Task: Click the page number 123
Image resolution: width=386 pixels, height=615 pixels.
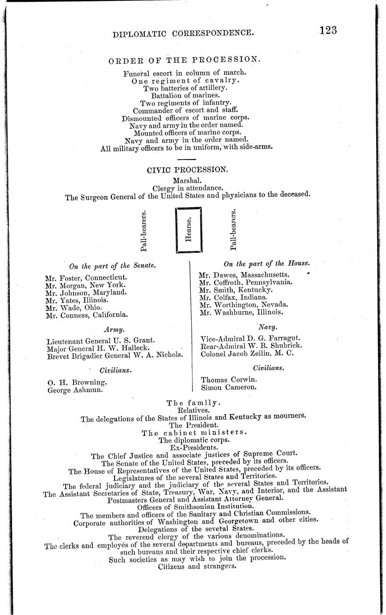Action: [328, 30]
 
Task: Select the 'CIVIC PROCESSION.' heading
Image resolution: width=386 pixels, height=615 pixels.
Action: [187, 169]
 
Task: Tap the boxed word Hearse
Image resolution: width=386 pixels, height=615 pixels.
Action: [189, 230]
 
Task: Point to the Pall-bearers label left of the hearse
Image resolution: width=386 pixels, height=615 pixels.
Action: [144, 230]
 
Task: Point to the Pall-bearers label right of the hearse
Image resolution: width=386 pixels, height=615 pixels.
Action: [233, 230]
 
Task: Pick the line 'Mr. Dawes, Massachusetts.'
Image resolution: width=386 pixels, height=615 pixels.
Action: [244, 275]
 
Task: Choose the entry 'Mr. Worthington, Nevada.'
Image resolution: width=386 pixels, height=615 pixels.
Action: [243, 305]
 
